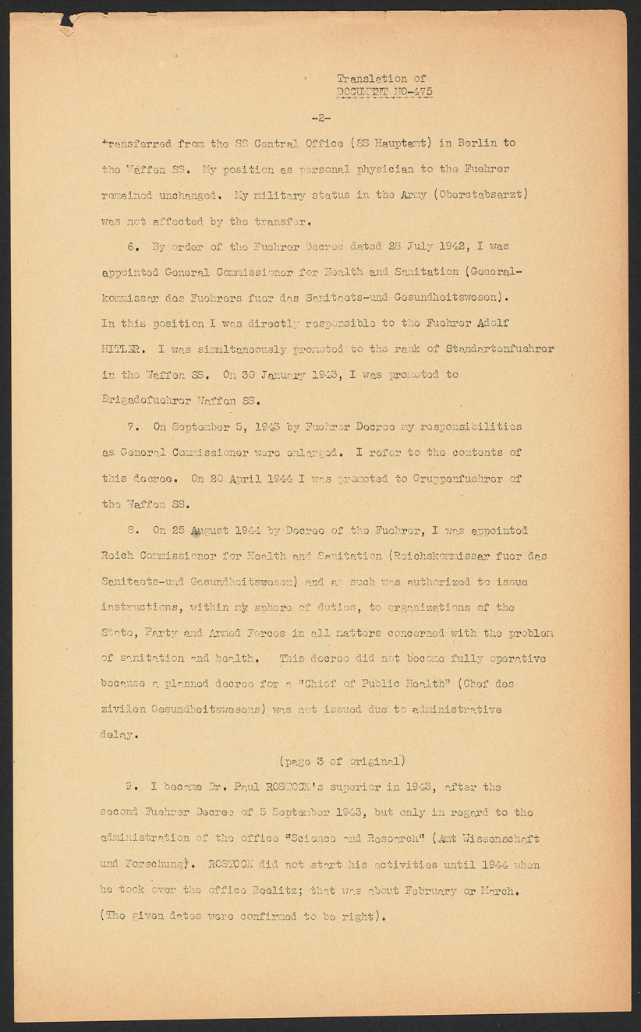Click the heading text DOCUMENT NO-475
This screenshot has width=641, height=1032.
pyautogui.click(x=384, y=92)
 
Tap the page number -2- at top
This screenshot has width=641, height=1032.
pyautogui.click(x=320, y=118)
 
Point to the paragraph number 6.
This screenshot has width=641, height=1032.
pyautogui.click(x=133, y=246)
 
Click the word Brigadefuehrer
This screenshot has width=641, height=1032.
pyautogui.click(x=146, y=400)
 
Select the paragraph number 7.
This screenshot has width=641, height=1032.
pyautogui.click(x=133, y=427)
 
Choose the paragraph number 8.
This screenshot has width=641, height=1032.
pyautogui.click(x=133, y=531)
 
